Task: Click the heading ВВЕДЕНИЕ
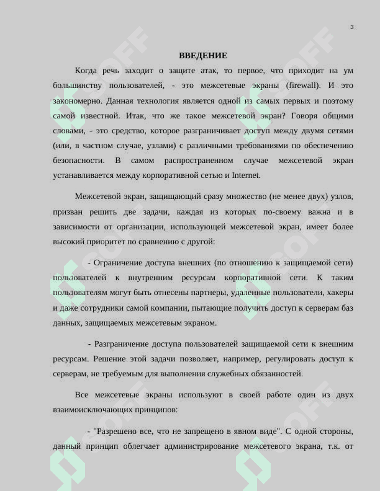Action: click(x=203, y=56)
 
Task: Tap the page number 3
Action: click(x=352, y=27)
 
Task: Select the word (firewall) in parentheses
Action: click(x=303, y=86)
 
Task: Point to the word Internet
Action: click(x=247, y=175)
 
